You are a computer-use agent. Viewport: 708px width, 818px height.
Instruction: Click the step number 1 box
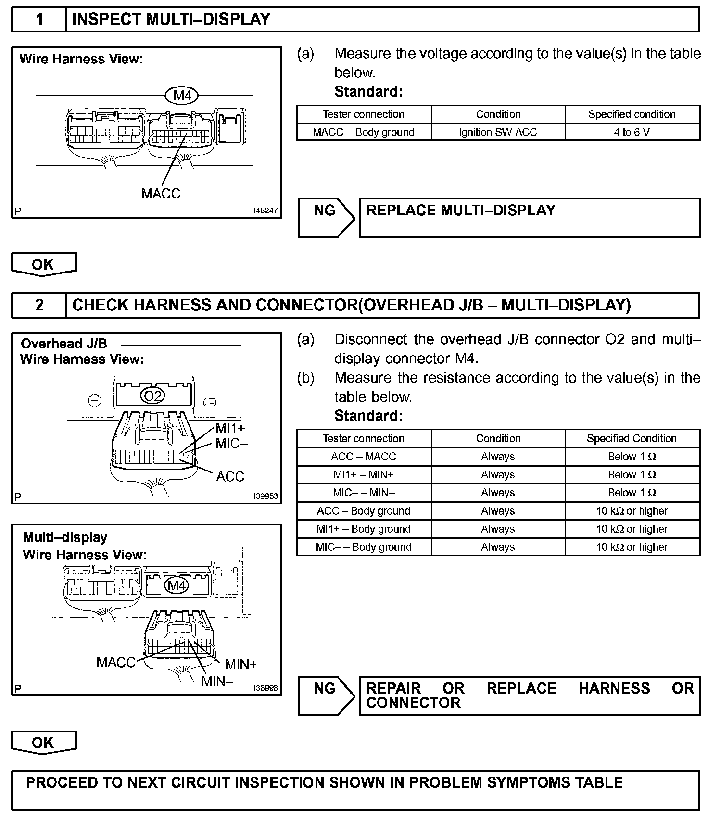39,20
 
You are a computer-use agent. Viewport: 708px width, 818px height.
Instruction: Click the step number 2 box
39,305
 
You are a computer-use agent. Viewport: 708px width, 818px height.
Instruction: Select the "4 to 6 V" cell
632,132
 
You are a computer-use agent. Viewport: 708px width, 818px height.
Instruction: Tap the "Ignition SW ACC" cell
498,132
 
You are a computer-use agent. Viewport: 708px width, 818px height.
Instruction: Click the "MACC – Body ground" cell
364,132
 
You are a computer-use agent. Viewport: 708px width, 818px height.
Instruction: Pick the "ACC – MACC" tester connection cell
364,457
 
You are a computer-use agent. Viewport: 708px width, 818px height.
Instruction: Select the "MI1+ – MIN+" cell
364,475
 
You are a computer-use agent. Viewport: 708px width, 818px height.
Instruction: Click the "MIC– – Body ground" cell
364,547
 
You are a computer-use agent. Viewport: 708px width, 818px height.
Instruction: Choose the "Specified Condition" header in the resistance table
632,438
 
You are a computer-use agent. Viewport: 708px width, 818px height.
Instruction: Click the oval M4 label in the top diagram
182,96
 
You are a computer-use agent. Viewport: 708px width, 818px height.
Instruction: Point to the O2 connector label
152,396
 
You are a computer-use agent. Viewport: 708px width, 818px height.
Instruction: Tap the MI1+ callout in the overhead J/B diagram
230,428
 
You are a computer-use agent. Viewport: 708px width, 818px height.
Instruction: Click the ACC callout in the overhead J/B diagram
230,476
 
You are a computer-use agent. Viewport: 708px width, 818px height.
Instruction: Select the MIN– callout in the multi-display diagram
217,681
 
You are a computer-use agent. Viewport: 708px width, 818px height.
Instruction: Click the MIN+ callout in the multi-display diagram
241,664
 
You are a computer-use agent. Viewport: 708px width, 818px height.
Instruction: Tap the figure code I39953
265,496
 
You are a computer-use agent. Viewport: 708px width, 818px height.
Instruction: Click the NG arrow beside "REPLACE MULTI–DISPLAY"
326,218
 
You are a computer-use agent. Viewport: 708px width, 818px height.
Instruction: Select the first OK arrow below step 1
43,265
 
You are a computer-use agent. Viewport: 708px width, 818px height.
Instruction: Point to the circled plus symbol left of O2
95,400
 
